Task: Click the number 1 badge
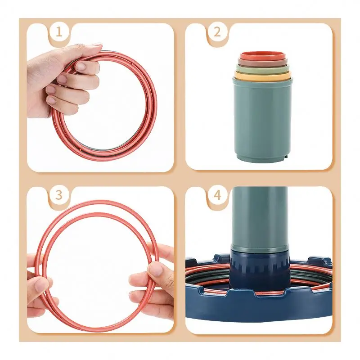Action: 58,32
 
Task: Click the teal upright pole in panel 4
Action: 260,216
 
